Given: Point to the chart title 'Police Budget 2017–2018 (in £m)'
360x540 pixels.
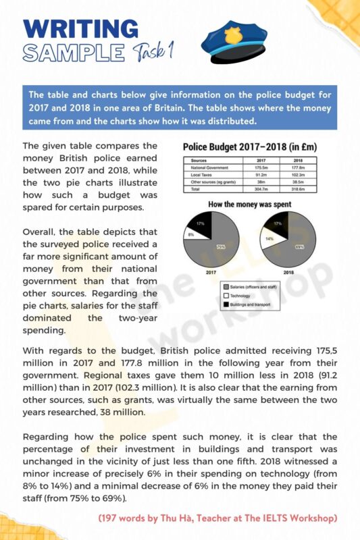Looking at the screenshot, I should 251,146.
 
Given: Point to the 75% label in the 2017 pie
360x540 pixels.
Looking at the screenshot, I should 221,247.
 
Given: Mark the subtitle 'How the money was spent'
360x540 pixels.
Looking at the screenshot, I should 251,203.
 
